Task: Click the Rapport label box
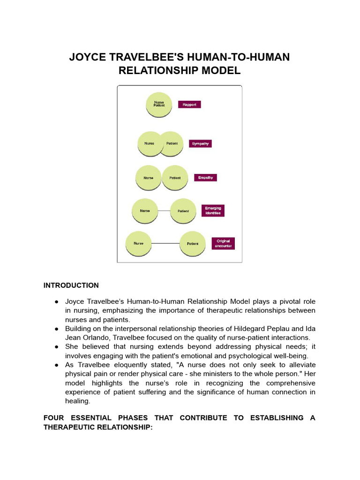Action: [189, 105]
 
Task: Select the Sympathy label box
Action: [200, 143]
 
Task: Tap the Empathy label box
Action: [205, 178]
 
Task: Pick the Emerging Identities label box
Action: [213, 210]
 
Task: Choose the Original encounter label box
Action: [223, 243]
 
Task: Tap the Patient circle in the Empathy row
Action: [175, 178]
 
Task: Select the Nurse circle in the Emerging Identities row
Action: [145, 211]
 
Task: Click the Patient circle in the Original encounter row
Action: [193, 244]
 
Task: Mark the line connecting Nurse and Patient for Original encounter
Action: [166, 244]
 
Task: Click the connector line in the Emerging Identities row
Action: [164, 211]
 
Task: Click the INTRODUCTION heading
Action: [71, 285]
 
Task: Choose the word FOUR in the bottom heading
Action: [55, 418]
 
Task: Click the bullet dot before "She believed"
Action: [56, 346]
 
